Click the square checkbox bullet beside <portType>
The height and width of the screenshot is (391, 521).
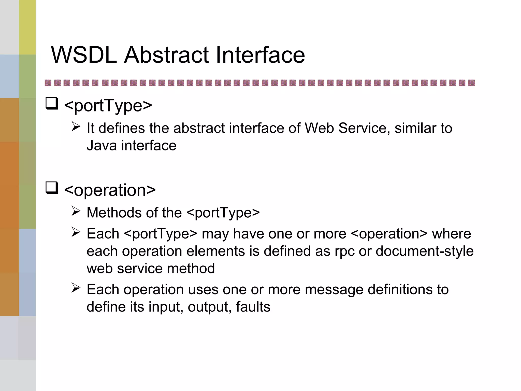[52, 104]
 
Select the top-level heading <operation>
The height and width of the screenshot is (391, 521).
[110, 190]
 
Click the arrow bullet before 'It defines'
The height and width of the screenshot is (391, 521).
[76, 126]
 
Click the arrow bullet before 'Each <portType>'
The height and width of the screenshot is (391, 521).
[76, 232]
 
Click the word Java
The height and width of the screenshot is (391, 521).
[102, 146]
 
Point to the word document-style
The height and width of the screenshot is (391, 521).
[424, 251]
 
